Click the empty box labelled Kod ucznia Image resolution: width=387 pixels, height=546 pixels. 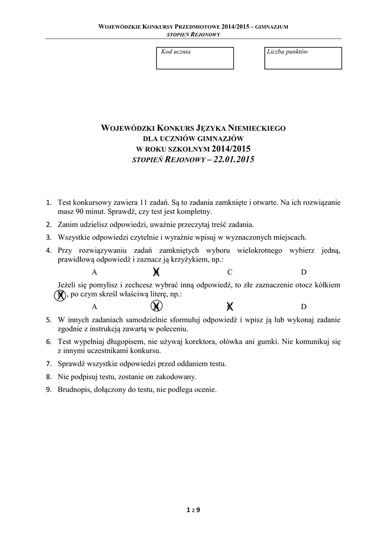pos(195,59)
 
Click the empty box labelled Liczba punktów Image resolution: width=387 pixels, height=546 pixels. pos(303,59)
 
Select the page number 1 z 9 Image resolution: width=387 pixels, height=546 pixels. pos(193,510)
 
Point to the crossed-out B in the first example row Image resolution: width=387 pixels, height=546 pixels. pos(156,272)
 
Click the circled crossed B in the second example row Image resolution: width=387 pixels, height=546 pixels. pos(156,306)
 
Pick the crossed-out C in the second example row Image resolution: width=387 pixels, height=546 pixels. pos(230,306)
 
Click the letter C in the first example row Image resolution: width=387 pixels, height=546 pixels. pos(230,272)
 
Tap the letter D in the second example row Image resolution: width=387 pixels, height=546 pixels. pos(304,307)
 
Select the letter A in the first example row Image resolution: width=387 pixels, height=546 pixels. pos(94,272)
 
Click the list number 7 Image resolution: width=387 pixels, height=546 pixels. pos(48,364)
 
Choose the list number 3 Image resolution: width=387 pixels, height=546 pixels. pos(48,237)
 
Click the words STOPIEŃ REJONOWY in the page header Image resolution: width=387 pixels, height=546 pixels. pos(194,34)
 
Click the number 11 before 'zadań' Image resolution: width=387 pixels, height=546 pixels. pos(143,203)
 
